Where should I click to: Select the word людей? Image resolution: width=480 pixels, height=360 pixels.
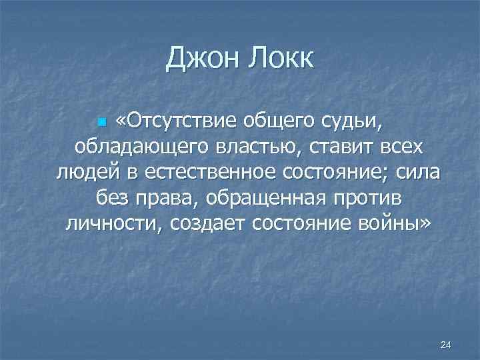85,173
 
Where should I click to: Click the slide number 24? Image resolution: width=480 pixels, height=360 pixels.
446,344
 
